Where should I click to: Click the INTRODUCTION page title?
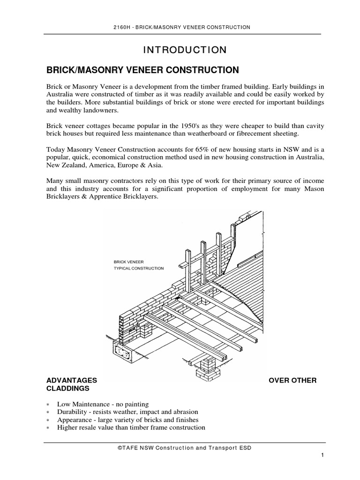pos(180,50)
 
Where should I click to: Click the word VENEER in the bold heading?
pos(137,70)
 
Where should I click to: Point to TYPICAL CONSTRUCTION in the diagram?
pos(139,269)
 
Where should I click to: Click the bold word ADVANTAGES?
pos(71,380)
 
